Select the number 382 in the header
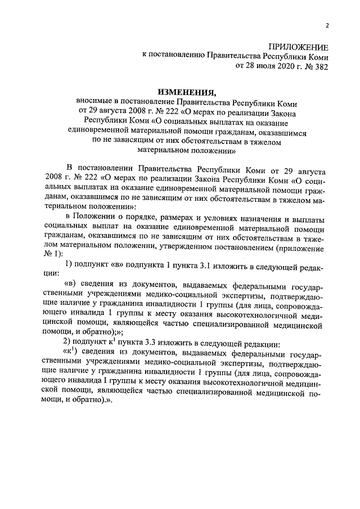point(319,65)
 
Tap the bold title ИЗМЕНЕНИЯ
point(186,92)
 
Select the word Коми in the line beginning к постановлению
point(317,56)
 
